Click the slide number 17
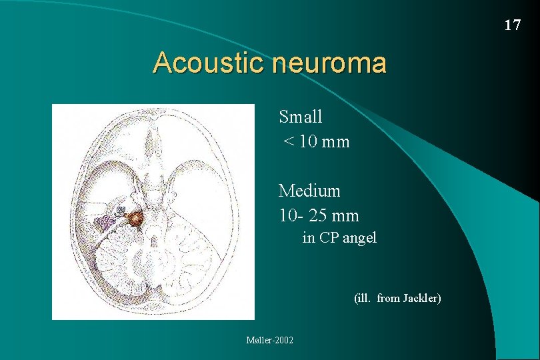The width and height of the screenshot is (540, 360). click(x=512, y=25)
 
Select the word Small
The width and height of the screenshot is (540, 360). click(x=301, y=117)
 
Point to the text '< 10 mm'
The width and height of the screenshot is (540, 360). click(x=316, y=142)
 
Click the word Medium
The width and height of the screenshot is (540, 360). click(x=309, y=191)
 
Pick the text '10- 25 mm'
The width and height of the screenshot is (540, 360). click(x=319, y=216)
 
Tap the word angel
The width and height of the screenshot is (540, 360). click(x=360, y=238)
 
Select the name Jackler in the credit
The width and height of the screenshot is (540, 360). click(x=421, y=299)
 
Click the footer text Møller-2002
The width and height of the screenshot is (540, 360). click(x=270, y=341)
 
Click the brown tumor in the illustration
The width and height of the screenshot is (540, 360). click(x=136, y=218)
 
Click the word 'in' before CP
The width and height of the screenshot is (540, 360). click(x=309, y=238)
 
